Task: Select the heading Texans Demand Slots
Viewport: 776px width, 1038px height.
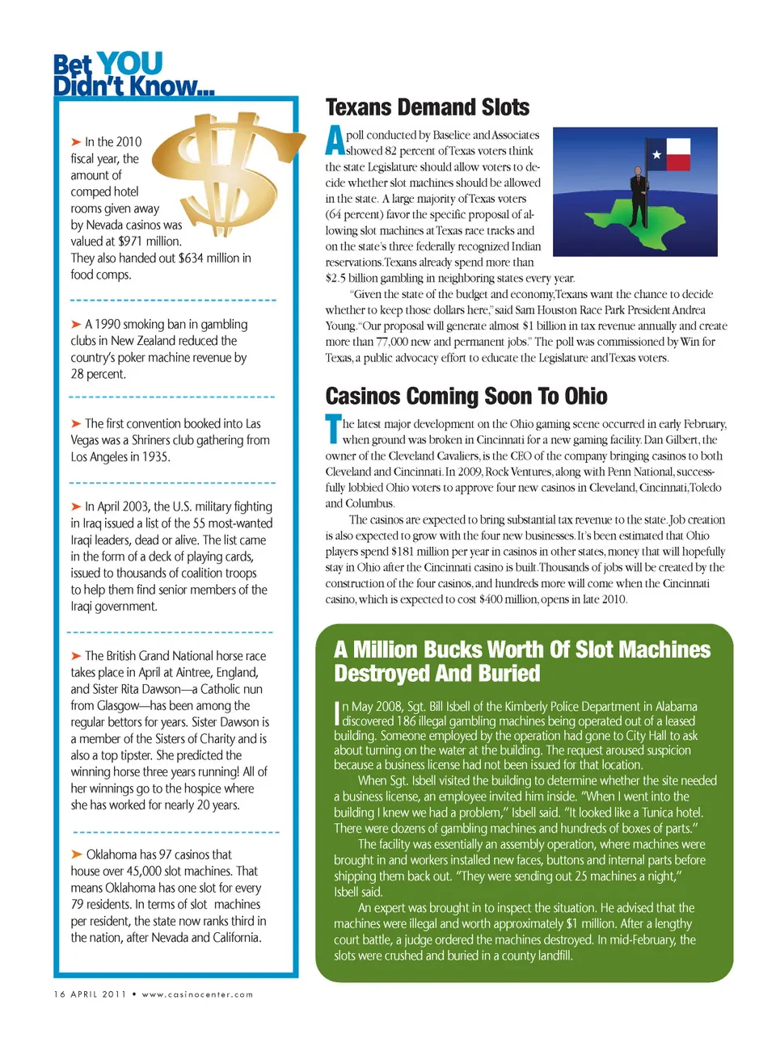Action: [x=427, y=108]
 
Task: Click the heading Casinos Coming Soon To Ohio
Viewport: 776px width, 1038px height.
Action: [x=466, y=397]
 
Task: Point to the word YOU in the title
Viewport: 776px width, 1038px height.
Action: [x=129, y=63]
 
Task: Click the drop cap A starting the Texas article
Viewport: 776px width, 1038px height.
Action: [x=334, y=142]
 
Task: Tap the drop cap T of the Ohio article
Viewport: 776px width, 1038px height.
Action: [x=332, y=430]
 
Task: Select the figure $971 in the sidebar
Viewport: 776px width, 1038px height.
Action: [x=132, y=242]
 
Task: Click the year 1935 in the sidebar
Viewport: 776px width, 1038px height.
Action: [x=154, y=457]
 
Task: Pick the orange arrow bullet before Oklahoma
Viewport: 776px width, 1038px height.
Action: [x=77, y=855]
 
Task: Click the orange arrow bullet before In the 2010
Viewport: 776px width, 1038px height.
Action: [x=76, y=142]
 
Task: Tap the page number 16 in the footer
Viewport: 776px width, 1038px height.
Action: [x=59, y=994]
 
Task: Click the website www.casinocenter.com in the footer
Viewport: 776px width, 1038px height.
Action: [x=197, y=994]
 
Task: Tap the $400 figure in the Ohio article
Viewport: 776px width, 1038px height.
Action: [x=492, y=599]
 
